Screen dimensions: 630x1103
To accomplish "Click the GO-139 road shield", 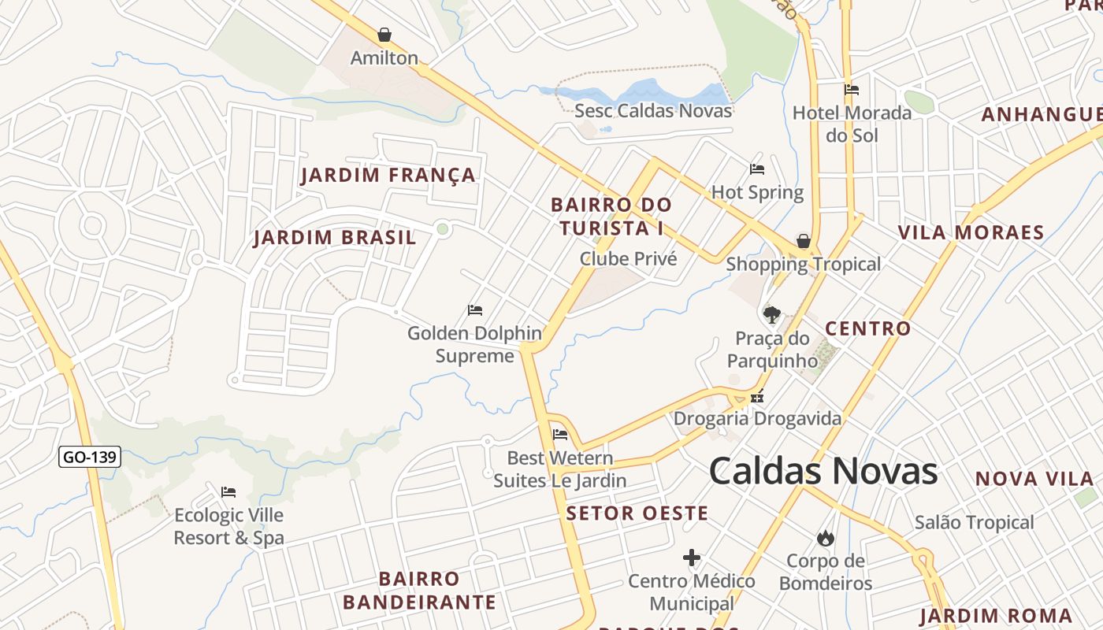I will tap(90, 457).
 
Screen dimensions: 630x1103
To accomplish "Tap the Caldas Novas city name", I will tap(823, 471).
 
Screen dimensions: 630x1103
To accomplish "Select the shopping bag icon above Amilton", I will tap(384, 35).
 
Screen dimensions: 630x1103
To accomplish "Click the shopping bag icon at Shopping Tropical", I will tap(803, 241).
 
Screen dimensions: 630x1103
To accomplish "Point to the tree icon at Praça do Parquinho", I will tap(772, 315).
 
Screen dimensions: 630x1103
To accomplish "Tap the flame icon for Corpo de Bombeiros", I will tap(825, 538).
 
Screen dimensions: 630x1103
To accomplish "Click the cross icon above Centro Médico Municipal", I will tap(692, 558).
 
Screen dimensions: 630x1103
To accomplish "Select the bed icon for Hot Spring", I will tap(757, 169).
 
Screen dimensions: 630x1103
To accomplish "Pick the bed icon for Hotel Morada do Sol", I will tap(852, 90).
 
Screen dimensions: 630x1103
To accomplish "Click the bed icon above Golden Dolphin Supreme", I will tap(475, 310).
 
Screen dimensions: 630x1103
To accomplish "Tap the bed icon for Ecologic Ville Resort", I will tap(228, 492).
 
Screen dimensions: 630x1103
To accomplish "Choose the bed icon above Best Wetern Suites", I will tap(560, 435).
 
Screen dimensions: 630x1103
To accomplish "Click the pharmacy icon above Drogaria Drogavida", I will tap(757, 397).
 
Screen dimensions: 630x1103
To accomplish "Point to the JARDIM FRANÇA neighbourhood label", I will tap(388, 175).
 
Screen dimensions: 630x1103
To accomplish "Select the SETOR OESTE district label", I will tap(637, 513).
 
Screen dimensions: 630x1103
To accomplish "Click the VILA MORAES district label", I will tap(971, 232).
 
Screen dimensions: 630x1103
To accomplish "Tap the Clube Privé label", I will tap(628, 258).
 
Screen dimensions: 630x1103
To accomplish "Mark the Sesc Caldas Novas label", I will tap(653, 110).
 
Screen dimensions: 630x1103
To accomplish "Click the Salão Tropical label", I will tap(974, 522).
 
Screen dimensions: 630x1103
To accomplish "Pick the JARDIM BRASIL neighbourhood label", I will tap(335, 237).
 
